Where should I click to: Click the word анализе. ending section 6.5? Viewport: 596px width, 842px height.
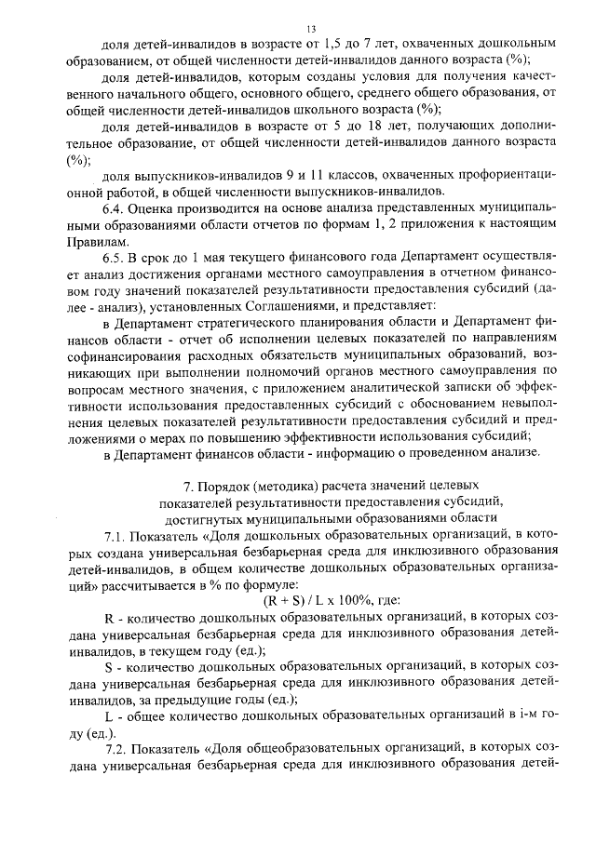point(512,453)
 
